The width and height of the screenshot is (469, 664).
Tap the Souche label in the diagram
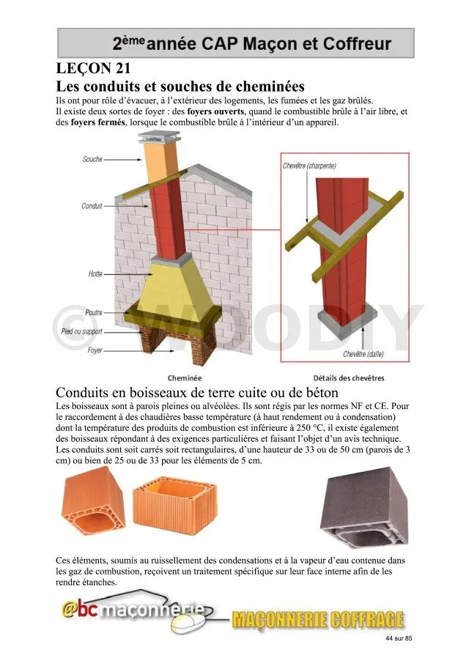pyautogui.click(x=92, y=159)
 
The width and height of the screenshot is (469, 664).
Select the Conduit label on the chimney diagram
pyautogui.click(x=92, y=207)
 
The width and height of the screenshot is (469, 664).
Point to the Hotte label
pyautogui.click(x=95, y=274)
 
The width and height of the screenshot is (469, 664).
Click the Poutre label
pyautogui.click(x=93, y=312)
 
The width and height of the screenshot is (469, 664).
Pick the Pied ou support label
pyautogui.click(x=81, y=331)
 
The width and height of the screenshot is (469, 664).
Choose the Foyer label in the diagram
pyautogui.click(x=95, y=350)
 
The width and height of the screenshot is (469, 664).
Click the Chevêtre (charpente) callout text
pyautogui.click(x=309, y=166)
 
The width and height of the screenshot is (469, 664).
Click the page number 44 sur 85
pyautogui.click(x=399, y=639)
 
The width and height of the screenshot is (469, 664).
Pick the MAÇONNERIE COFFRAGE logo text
pyautogui.click(x=317, y=620)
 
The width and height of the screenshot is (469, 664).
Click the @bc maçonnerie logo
pyautogui.click(x=132, y=612)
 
